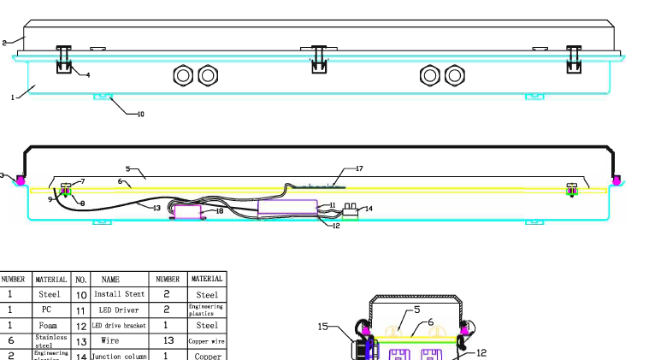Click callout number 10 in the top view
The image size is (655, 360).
coord(140,114)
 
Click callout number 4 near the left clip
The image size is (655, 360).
coord(87,75)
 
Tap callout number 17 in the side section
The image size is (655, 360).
coord(359,168)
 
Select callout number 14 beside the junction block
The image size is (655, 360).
coord(369,209)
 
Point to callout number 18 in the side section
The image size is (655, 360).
coord(219,210)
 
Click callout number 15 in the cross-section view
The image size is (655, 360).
coord(323,326)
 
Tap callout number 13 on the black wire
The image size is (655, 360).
coord(156,208)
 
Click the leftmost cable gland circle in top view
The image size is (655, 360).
coord(183,76)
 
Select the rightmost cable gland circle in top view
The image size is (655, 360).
coord(455,76)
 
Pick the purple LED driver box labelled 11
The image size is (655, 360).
coord(286,206)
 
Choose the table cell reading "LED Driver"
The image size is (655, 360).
coord(121,310)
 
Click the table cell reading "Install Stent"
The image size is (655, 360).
coord(119,294)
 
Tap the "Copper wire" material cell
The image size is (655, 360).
coord(206,340)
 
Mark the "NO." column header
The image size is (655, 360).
coord(81,279)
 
